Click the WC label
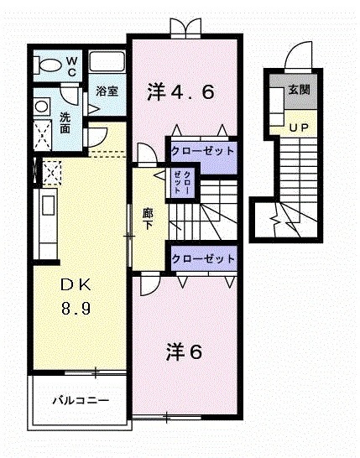coord(72,66)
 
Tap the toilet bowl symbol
coord(48,66)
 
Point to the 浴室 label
coord(106,91)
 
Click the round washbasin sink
coord(42,107)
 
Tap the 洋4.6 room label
coord(182,90)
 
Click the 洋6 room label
coord(183,351)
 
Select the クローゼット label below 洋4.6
coord(202,152)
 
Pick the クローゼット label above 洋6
coord(202,258)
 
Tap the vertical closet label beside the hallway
coord(183,182)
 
